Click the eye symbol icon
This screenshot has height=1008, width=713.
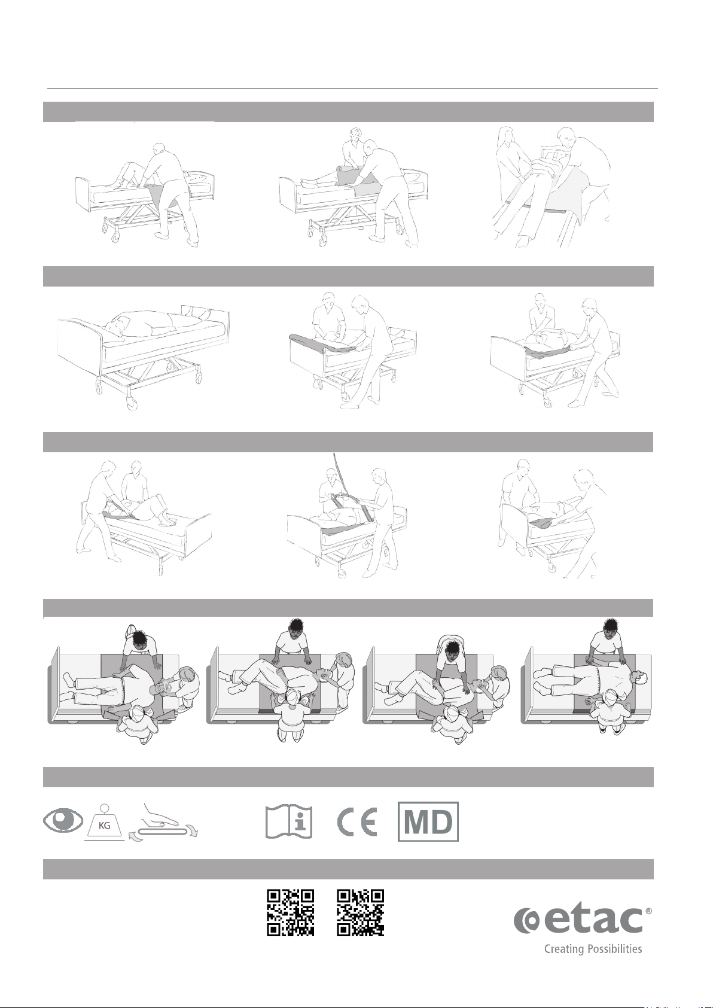[63, 822]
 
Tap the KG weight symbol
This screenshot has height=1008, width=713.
[105, 823]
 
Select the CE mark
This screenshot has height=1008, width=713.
[357, 822]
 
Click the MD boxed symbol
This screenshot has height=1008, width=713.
[428, 822]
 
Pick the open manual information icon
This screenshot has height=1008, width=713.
[290, 822]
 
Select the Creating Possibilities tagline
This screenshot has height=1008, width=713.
[593, 949]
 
